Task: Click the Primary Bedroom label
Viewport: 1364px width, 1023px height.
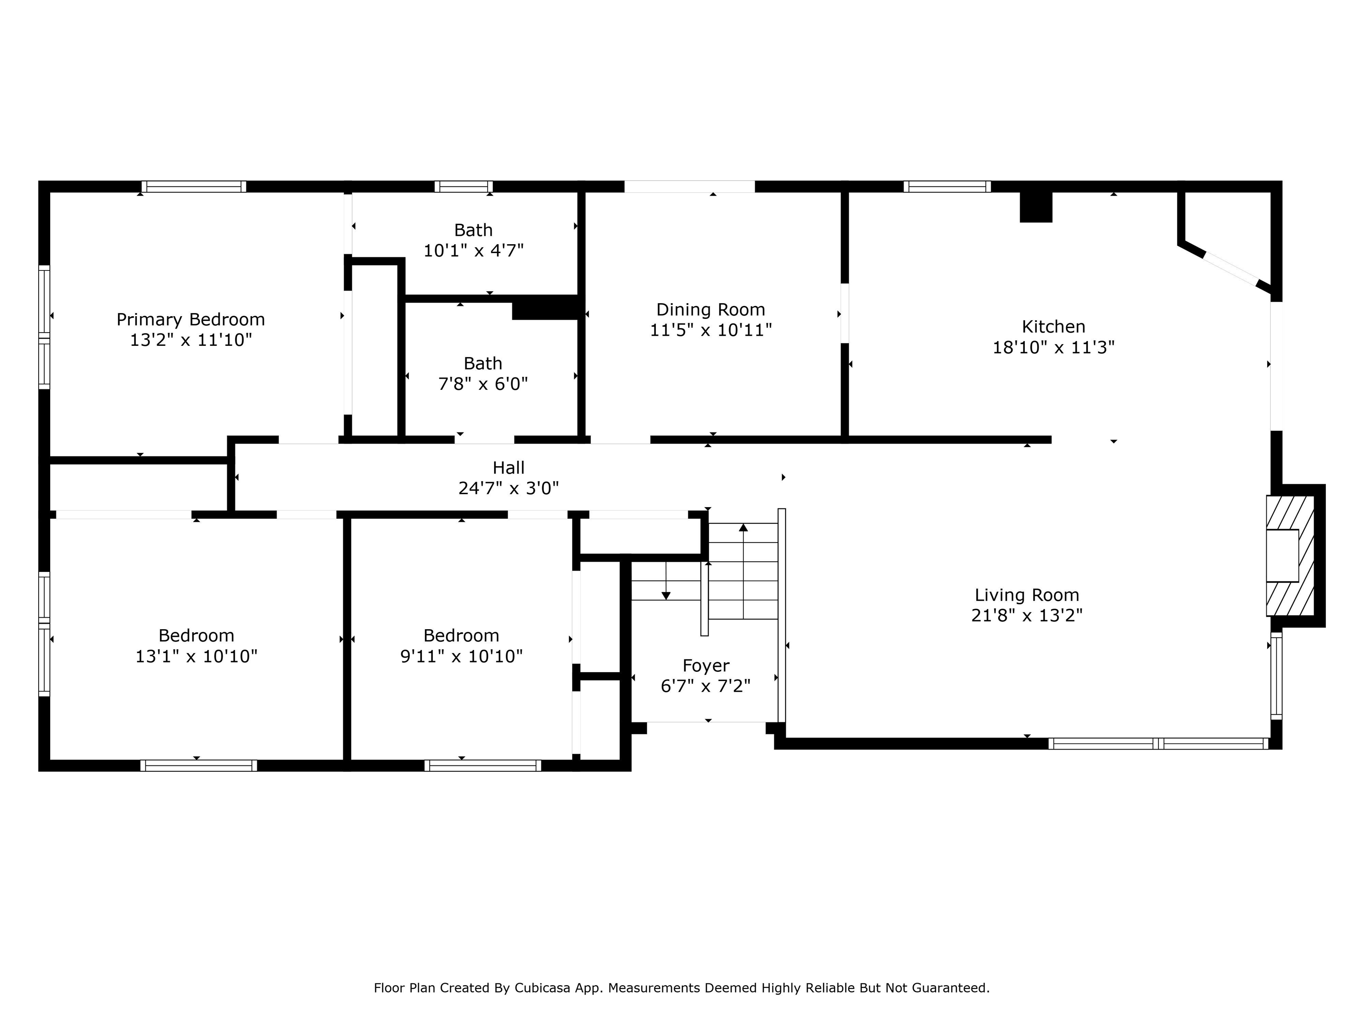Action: click(x=190, y=319)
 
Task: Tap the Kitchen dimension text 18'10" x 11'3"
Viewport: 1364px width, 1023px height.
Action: click(x=1053, y=348)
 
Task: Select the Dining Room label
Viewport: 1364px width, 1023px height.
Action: click(x=710, y=309)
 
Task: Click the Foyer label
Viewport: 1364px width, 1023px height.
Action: click(x=706, y=666)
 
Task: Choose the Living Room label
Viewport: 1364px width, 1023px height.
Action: click(x=1027, y=595)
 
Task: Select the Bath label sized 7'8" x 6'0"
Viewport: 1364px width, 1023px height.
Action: click(x=483, y=363)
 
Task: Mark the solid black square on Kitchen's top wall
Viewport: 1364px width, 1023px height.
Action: click(x=1035, y=206)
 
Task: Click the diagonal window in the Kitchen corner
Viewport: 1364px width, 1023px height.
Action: click(x=1230, y=269)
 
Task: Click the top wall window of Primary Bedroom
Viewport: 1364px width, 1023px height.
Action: click(x=194, y=186)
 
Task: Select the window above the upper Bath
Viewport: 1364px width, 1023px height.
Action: click(x=463, y=186)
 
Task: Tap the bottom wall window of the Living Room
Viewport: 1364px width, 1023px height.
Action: click(x=1158, y=744)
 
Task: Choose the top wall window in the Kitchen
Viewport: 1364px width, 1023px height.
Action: click(x=947, y=186)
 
